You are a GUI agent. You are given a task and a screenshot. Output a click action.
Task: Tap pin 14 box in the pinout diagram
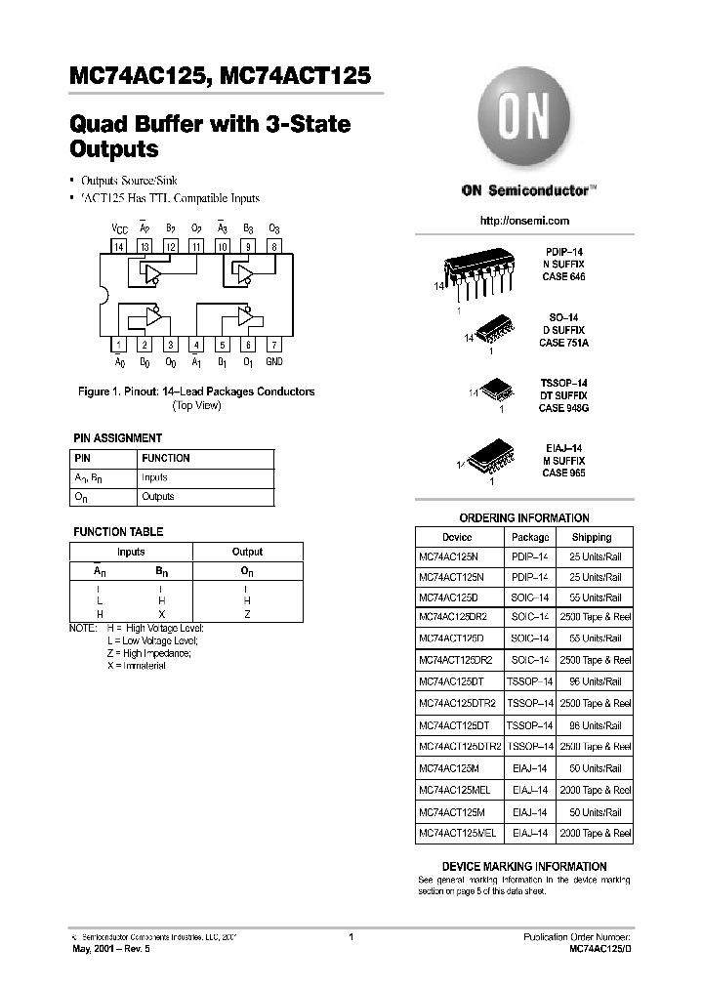119,247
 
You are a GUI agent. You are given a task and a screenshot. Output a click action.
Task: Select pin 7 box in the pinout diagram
274,345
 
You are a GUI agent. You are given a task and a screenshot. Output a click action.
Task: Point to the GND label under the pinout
274,362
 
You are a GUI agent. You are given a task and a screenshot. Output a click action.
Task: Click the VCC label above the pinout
119,227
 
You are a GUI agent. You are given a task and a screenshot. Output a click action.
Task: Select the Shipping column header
592,537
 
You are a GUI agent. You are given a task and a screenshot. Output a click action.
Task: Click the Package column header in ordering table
530,537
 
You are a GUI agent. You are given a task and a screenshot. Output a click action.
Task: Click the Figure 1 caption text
196,391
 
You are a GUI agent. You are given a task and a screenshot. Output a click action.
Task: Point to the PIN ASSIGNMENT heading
118,438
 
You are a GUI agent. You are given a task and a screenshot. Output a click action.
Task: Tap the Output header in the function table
247,552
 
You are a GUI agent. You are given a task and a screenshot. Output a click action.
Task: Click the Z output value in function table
247,613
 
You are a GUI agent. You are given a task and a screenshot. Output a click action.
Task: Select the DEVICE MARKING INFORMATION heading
524,866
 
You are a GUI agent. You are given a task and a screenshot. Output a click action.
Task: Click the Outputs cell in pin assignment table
158,497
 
